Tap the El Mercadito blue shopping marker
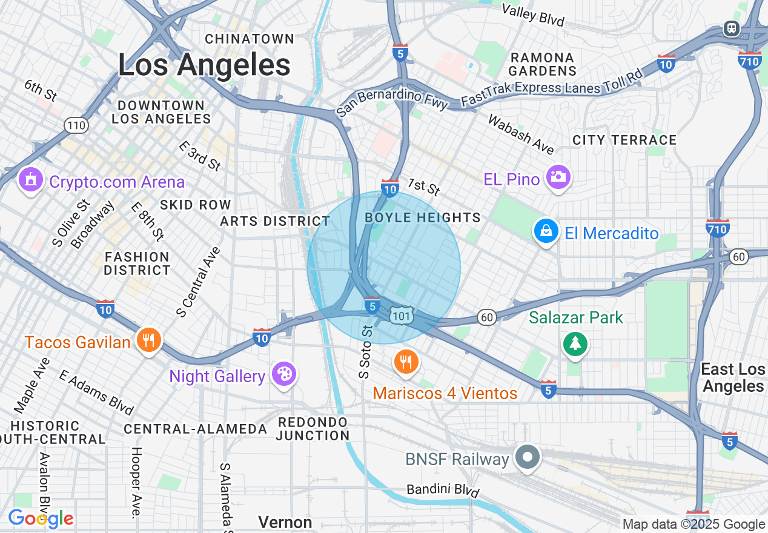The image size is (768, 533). [546, 232]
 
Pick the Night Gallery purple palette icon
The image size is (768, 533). [283, 374]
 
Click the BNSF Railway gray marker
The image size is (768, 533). [528, 457]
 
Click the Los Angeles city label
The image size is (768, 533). [204, 64]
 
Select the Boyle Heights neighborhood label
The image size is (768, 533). [423, 218]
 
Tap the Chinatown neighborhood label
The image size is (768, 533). [250, 39]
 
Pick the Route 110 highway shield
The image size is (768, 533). [78, 126]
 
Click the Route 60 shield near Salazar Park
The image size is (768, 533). [486, 317]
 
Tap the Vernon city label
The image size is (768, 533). [285, 522]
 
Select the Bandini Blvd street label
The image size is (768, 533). [443, 489]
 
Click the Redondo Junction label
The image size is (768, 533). [313, 428]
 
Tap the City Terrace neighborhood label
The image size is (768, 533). [624, 141]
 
